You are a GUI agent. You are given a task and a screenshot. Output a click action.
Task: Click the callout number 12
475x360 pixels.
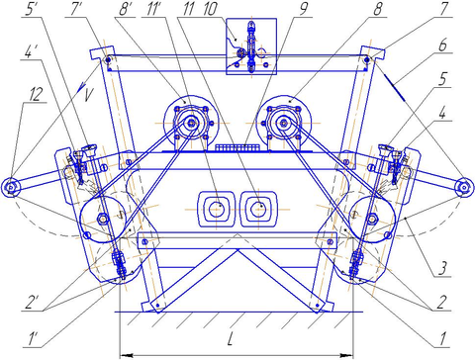coord(36,95)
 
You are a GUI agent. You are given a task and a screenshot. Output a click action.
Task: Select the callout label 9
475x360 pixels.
coord(304,9)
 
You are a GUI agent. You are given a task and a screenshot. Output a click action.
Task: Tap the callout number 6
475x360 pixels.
coord(442,45)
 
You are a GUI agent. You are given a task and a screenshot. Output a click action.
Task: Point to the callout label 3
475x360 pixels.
coord(442,268)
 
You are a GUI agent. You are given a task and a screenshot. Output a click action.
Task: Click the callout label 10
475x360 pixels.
coord(210,9)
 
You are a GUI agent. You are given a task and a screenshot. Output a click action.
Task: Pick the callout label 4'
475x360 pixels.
coord(30,52)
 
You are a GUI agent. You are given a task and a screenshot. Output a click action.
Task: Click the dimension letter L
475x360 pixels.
coord(231,339)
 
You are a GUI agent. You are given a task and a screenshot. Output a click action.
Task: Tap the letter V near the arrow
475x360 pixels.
coord(88,96)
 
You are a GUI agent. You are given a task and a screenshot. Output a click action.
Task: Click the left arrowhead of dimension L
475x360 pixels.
coord(127,355)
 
